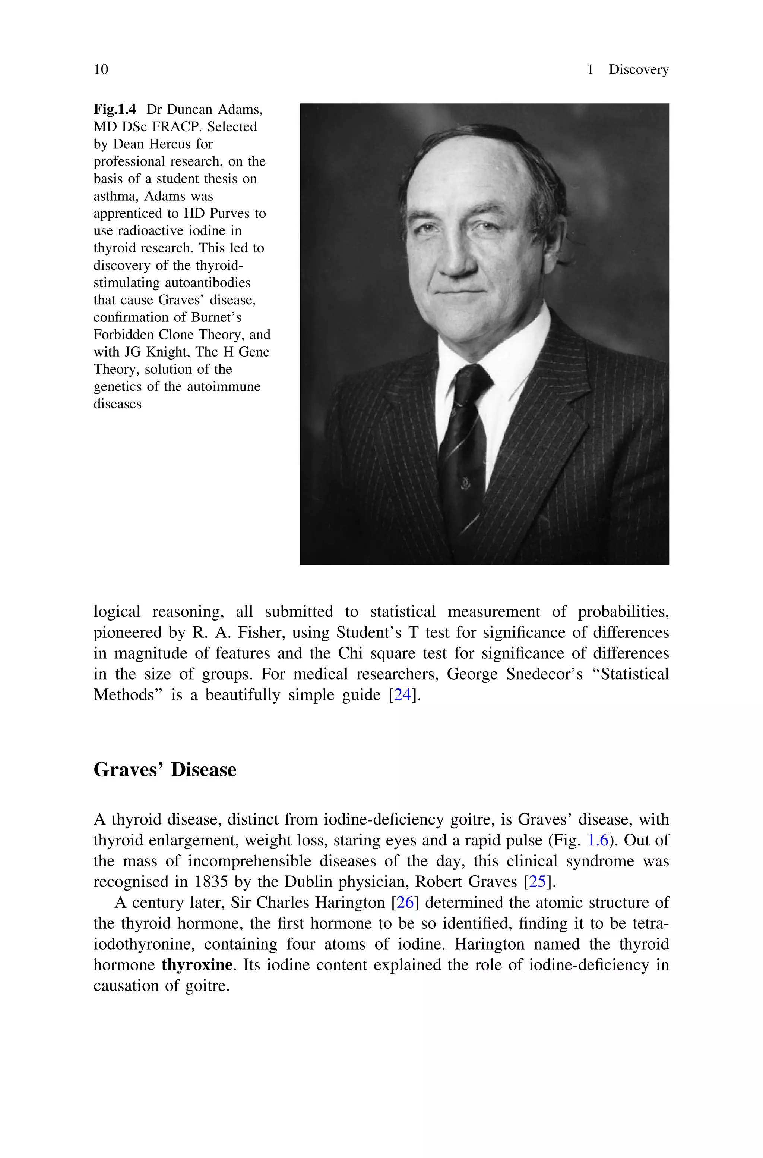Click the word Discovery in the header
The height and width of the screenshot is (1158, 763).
point(639,70)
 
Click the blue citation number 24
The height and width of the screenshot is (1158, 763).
point(402,694)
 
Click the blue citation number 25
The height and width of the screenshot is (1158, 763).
point(537,882)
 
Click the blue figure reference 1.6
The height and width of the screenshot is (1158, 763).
point(599,841)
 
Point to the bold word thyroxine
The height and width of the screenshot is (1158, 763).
point(197,965)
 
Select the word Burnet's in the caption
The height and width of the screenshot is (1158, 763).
point(216,317)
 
